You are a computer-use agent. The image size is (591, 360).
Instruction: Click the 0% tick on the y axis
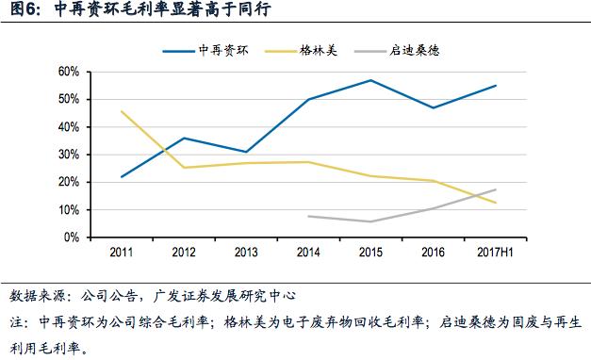[x=70, y=237]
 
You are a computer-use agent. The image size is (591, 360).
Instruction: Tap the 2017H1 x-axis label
[x=495, y=253]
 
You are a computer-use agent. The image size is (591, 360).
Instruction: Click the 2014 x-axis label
[x=308, y=253]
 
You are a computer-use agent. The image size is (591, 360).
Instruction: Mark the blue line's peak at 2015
[x=370, y=80]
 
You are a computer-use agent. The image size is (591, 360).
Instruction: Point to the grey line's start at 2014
[x=308, y=216]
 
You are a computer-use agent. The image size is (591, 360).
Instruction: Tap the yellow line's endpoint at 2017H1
[x=496, y=203]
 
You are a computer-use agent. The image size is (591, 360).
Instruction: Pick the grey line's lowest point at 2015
[x=370, y=221]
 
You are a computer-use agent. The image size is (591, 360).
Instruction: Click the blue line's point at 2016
[x=433, y=107]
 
